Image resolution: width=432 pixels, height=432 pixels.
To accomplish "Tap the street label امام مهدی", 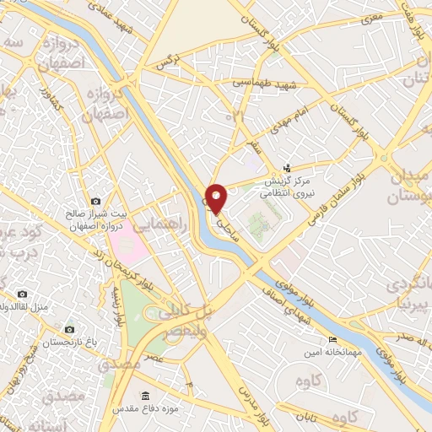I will [x=278, y=123].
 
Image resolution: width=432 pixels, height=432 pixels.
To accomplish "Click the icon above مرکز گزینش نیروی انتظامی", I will [x=288, y=168].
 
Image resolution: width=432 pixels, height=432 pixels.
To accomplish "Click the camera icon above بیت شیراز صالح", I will [x=95, y=202].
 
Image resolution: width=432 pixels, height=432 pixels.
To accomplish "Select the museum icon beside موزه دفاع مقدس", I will [x=147, y=396].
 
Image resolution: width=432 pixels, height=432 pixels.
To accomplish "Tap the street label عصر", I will [x=152, y=359].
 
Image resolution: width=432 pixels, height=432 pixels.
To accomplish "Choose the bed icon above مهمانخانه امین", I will [x=332, y=338].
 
